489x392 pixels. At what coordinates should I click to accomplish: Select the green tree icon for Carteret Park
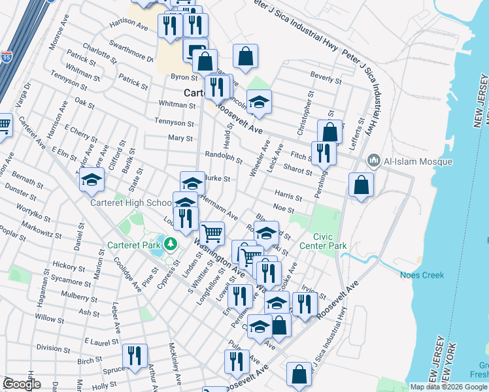[x=171, y=244]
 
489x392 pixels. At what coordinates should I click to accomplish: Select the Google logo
[x=22, y=384]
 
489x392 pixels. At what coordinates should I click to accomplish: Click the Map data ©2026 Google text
[x=448, y=387]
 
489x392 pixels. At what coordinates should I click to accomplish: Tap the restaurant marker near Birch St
[x=135, y=356]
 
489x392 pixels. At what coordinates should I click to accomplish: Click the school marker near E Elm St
[x=92, y=180]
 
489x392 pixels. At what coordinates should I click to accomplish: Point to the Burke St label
[x=217, y=178]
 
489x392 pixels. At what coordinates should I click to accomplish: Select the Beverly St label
[x=326, y=78]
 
